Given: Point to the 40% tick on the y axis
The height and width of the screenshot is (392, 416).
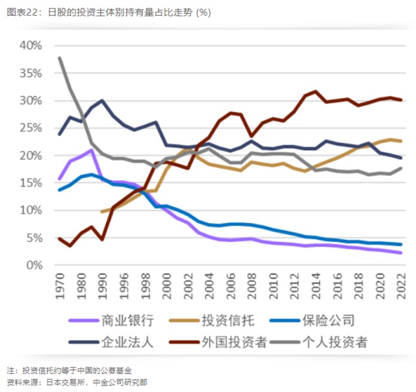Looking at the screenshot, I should tap(31, 46).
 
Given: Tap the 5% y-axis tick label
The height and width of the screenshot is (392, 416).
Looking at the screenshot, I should tap(34, 238).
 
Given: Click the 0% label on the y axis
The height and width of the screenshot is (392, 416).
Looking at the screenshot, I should tap(34, 265).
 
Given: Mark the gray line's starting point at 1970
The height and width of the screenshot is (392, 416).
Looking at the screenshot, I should tap(60, 58).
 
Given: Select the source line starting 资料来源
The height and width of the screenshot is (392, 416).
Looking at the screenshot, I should tap(77, 382).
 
